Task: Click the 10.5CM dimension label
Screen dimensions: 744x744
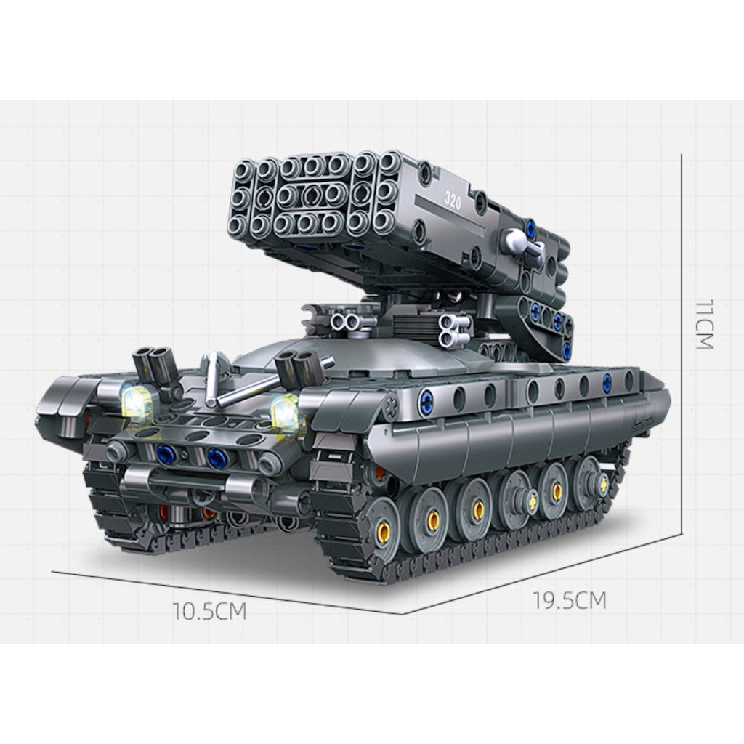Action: click(x=209, y=612)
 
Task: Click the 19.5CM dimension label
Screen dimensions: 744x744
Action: click(x=570, y=601)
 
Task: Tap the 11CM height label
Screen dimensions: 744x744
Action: click(x=705, y=325)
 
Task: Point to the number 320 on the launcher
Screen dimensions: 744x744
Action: click(x=453, y=202)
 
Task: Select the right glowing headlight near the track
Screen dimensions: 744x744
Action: click(x=286, y=412)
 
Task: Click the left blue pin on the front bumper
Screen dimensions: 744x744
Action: click(x=166, y=455)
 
